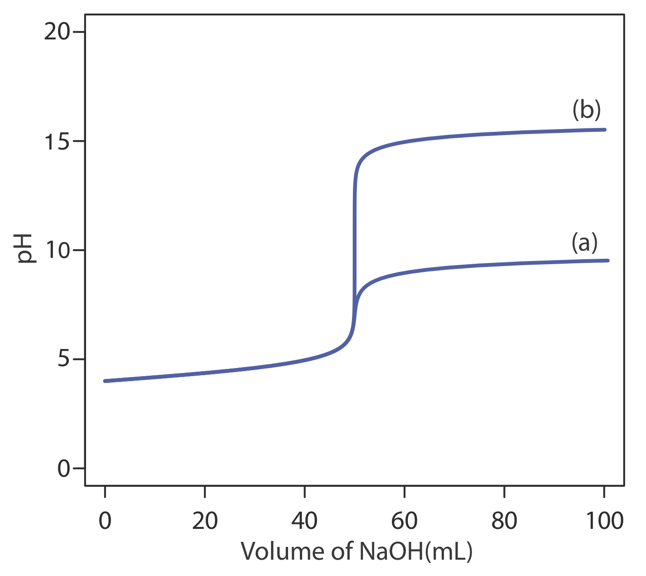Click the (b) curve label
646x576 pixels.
[x=586, y=110]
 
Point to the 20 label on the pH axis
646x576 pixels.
[x=57, y=33]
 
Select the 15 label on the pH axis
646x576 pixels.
[x=57, y=141]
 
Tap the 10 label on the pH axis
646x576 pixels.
[x=57, y=251]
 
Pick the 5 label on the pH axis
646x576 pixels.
[x=64, y=360]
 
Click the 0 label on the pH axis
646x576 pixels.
[x=64, y=469]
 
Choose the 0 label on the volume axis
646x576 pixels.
[x=105, y=521]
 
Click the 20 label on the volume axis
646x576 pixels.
[x=205, y=521]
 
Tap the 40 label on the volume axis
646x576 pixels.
[x=304, y=521]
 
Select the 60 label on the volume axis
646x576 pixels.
[x=404, y=521]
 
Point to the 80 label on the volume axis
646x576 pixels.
[x=504, y=521]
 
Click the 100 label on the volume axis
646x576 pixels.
[x=604, y=521]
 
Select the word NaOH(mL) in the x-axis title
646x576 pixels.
[x=415, y=552]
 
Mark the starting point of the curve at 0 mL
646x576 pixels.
[x=105, y=381]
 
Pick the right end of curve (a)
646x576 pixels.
[x=607, y=261]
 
